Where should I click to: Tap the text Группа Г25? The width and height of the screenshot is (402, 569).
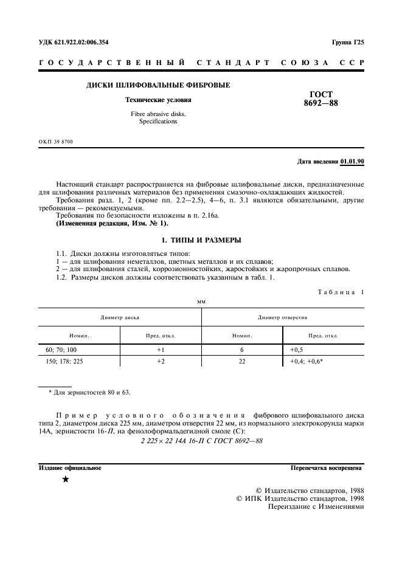tap(347, 43)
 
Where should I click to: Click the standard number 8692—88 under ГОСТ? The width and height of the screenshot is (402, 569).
tap(321, 103)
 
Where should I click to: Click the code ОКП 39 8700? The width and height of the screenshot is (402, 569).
tap(55, 142)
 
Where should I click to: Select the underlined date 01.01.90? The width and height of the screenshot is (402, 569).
tap(352, 161)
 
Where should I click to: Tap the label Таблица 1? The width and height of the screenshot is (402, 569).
tap(341, 292)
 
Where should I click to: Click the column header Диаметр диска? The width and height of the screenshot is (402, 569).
tap(120, 317)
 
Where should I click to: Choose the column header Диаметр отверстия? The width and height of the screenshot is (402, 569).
tap(282, 317)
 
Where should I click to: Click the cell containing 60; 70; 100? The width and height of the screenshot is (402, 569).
tap(61, 350)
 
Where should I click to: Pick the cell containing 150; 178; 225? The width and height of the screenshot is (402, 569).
tap(65, 360)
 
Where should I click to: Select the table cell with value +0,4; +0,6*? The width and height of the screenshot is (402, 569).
tap(306, 360)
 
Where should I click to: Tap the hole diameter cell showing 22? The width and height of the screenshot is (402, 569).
tap(241, 360)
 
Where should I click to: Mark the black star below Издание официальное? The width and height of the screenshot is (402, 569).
tap(65, 480)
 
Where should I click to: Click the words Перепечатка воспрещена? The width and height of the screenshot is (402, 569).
tap(327, 468)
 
